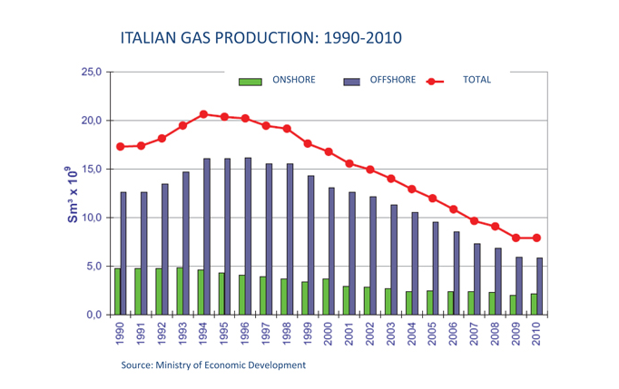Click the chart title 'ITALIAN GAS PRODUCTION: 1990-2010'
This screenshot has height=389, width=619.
[260, 38]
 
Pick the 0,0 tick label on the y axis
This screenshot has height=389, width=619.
[93, 315]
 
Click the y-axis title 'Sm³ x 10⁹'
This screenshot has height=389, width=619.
[72, 193]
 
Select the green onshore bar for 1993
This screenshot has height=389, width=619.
[180, 291]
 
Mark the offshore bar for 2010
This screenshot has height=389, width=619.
[540, 286]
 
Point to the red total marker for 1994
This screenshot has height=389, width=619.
[203, 114]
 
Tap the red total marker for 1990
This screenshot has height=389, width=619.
[121, 146]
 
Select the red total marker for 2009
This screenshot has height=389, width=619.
[516, 238]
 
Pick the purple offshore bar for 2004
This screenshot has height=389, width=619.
[415, 263]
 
